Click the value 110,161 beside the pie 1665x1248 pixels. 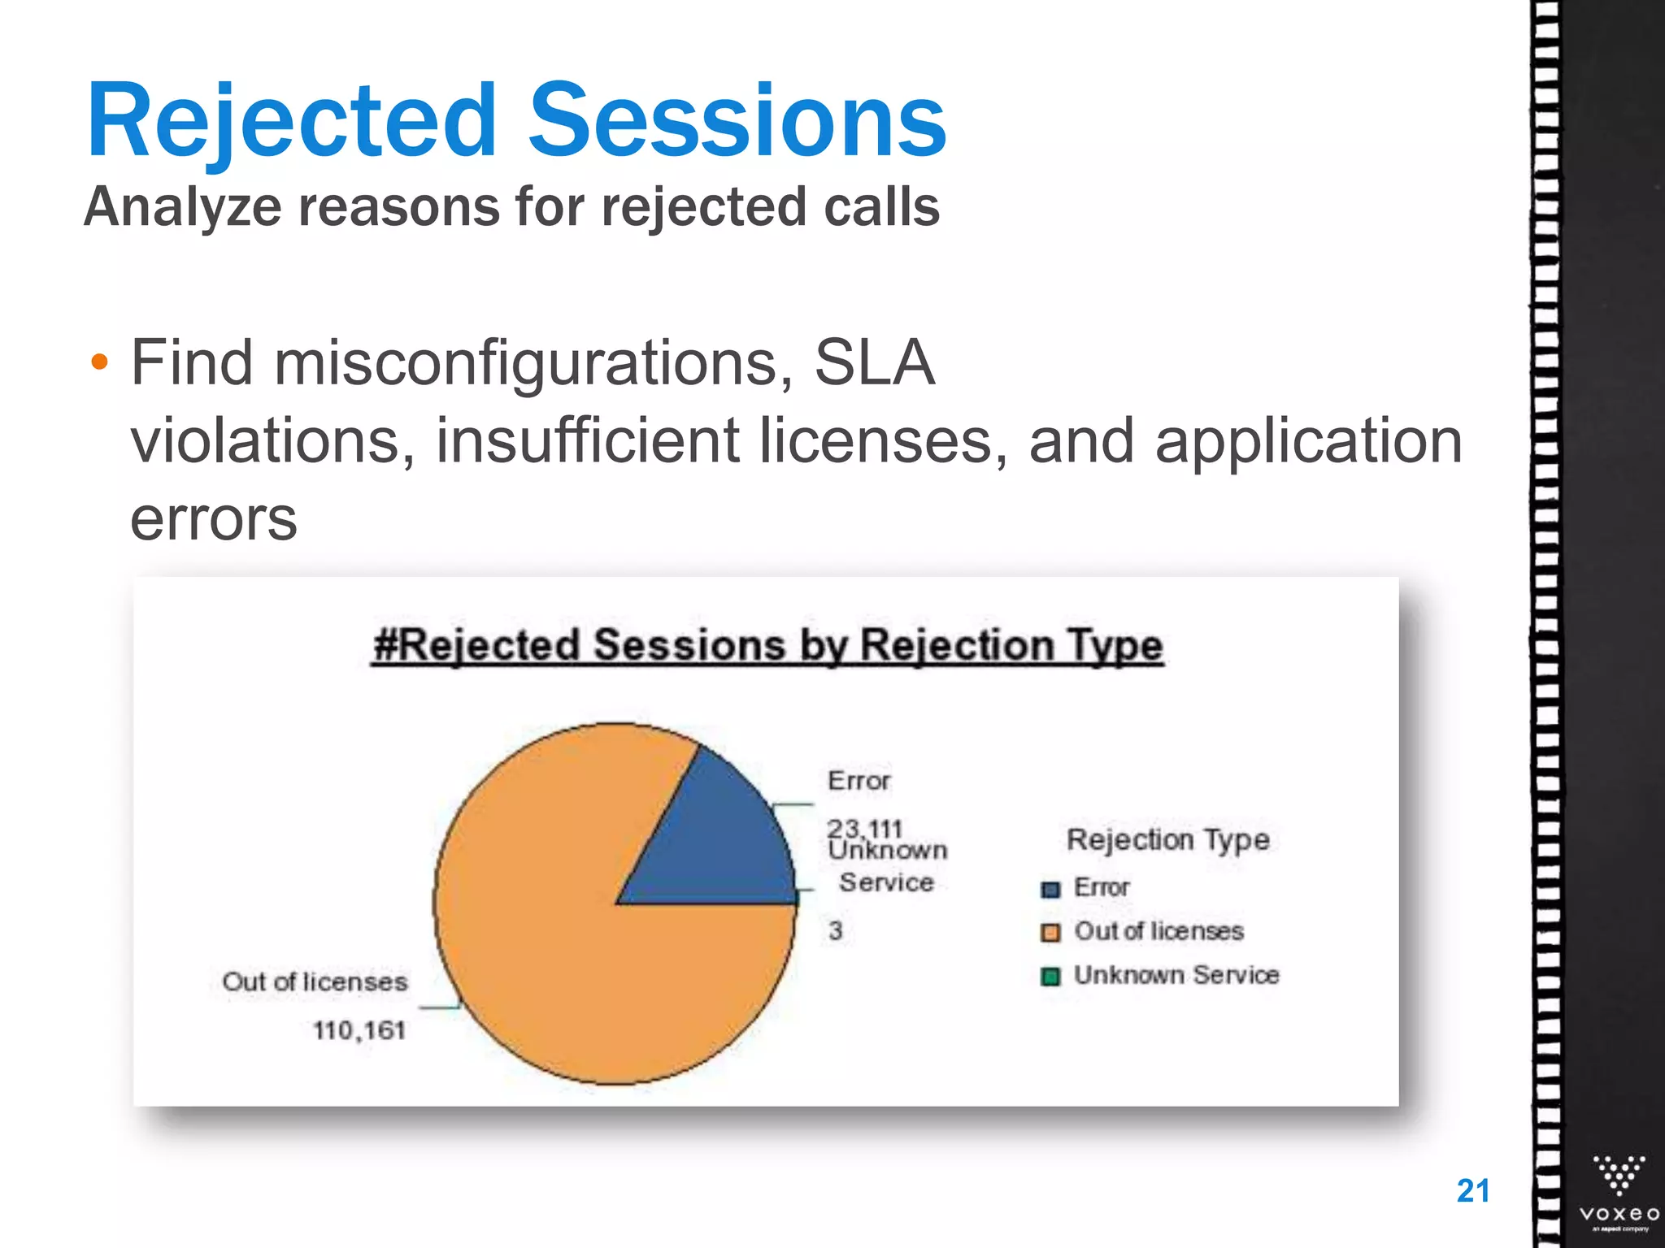coord(359,1030)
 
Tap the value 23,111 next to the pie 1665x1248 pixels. coord(864,827)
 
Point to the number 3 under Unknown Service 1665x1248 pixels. coord(835,930)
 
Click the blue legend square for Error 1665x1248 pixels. coord(1050,889)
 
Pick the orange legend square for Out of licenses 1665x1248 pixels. coord(1050,933)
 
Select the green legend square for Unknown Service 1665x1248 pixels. coord(1050,976)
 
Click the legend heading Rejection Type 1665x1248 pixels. coord(1167,839)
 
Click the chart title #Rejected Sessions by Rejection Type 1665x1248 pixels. coord(767,646)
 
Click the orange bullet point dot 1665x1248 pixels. coord(99,362)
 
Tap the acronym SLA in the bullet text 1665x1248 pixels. coord(874,362)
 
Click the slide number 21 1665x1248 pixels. coord(1473,1190)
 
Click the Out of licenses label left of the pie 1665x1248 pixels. coord(315,981)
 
